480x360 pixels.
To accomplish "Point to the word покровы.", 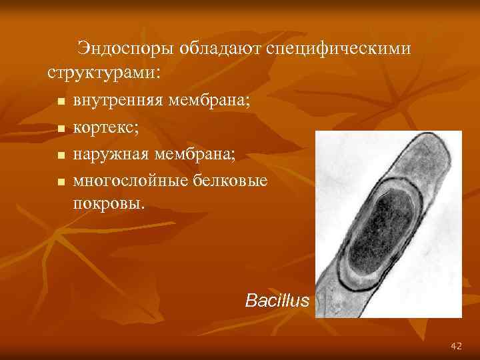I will click(108, 203).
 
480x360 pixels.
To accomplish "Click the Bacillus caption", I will click(277, 301).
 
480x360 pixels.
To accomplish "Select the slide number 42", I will click(456, 346).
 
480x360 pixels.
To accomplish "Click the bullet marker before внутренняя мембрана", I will click(60, 103).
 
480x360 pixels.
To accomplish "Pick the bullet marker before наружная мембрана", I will click(60, 155).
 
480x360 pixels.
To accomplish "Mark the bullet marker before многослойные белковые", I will click(60, 181).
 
